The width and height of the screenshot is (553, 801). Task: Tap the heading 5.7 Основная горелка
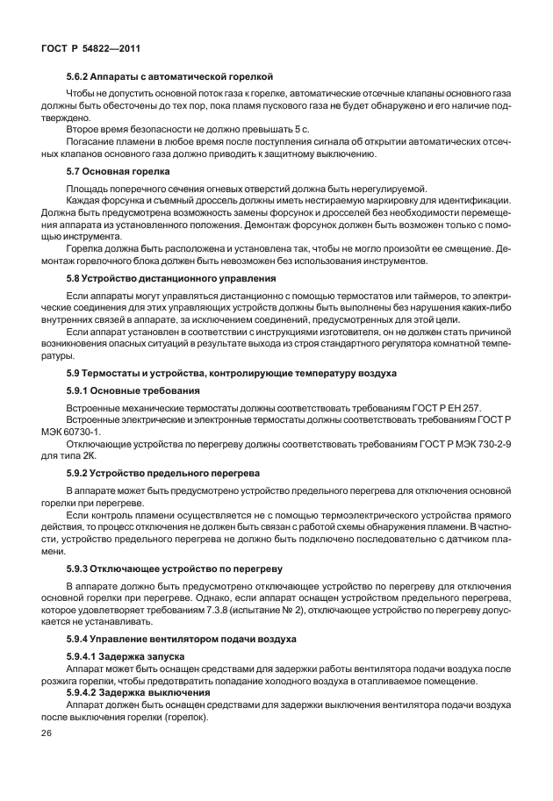(x=118, y=171)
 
